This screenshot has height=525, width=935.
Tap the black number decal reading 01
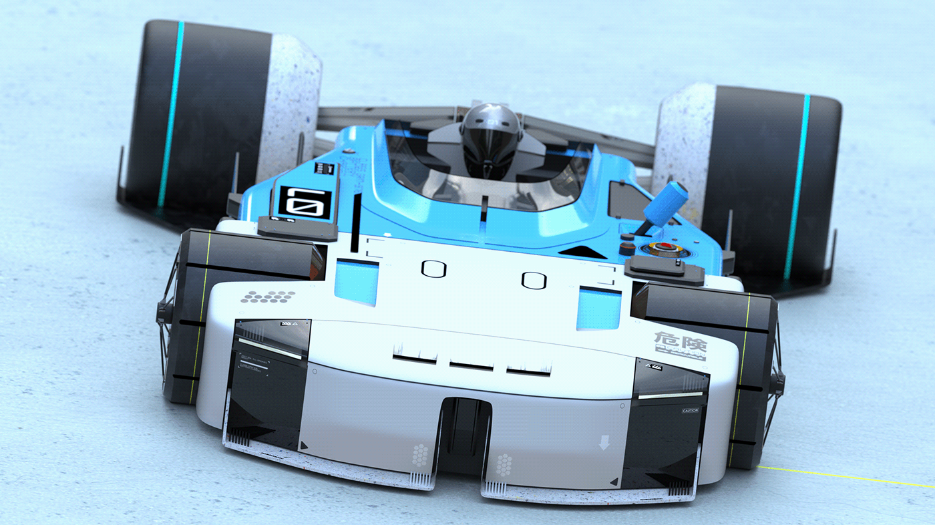[x=305, y=202]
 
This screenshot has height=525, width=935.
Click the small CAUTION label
[x=690, y=410]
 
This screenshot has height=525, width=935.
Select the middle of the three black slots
[x=471, y=365]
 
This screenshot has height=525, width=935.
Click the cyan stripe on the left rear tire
[x=170, y=114]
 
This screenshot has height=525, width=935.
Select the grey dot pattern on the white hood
[x=268, y=296]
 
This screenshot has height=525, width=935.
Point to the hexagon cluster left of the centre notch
[x=420, y=456]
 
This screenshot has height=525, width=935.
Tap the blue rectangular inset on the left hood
[x=357, y=281]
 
